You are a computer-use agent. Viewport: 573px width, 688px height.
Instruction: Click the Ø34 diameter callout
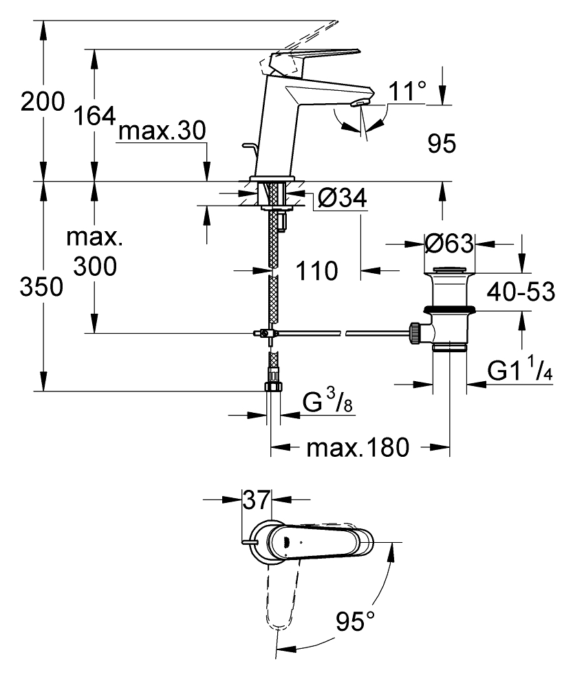[343, 200]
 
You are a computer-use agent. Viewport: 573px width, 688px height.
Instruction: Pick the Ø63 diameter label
[449, 244]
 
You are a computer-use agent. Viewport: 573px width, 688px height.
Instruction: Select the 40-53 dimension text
[520, 292]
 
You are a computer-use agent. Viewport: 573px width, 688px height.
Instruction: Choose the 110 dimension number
[317, 271]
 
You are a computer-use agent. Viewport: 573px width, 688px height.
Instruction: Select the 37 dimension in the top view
[256, 501]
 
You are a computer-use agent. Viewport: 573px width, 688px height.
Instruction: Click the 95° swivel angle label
[355, 623]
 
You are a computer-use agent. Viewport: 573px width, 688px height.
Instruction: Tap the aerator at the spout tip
[358, 103]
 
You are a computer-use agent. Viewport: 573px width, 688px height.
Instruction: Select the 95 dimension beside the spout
[442, 144]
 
